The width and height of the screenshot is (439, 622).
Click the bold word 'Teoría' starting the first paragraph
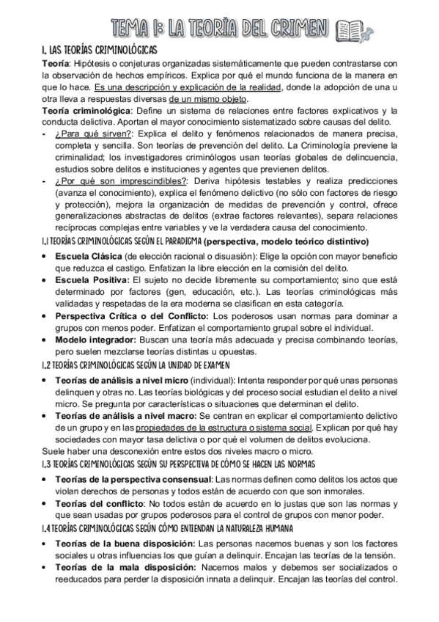(54, 65)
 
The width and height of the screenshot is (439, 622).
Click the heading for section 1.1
(120, 241)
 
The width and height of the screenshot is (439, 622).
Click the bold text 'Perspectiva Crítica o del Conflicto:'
(132, 315)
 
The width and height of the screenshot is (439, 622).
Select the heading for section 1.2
(136, 364)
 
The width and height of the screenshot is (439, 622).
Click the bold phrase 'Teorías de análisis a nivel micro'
(121, 381)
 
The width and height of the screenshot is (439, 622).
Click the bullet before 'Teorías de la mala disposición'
(45, 567)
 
